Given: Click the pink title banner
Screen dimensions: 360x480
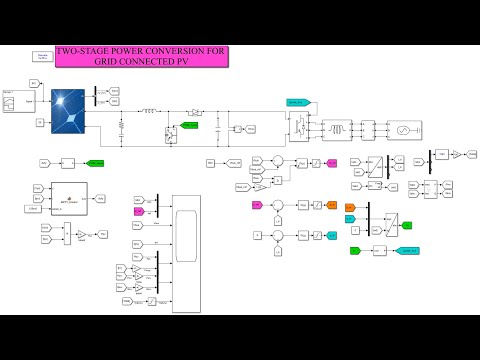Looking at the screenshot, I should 143,56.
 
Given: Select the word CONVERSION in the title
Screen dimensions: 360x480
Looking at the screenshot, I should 174,51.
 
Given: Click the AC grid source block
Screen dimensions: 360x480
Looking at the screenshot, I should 407,130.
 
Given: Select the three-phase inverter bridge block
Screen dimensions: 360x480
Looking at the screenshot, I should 297,128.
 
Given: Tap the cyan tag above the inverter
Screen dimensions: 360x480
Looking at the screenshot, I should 297,102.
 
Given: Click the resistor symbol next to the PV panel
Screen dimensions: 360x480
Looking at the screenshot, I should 121,128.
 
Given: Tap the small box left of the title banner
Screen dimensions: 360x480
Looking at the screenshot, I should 44,56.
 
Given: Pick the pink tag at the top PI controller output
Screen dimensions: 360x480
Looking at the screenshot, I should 331,161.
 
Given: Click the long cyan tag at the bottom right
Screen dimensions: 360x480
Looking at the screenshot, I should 407,249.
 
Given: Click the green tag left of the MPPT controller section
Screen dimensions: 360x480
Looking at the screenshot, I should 96,162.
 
